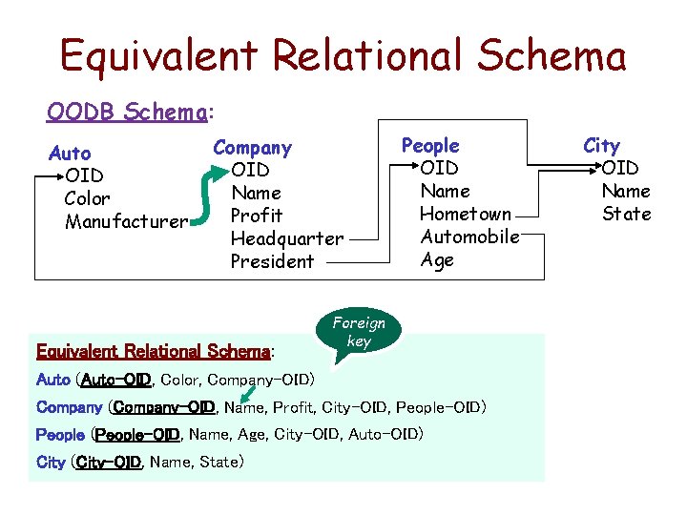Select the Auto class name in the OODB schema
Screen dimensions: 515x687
70,153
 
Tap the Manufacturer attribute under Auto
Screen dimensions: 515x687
126,222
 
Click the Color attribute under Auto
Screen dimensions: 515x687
87,198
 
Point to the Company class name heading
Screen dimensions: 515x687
252,147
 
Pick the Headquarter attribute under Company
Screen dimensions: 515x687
287,238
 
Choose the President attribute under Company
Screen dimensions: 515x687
272,261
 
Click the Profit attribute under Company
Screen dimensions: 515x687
257,216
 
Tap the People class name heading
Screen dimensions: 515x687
430,145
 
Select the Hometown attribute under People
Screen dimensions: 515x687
466,214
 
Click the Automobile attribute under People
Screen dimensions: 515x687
469,237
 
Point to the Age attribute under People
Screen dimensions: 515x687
437,259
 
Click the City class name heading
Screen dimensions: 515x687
601,145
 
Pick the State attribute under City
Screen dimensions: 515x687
626,214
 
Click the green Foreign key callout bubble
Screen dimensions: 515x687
359,333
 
